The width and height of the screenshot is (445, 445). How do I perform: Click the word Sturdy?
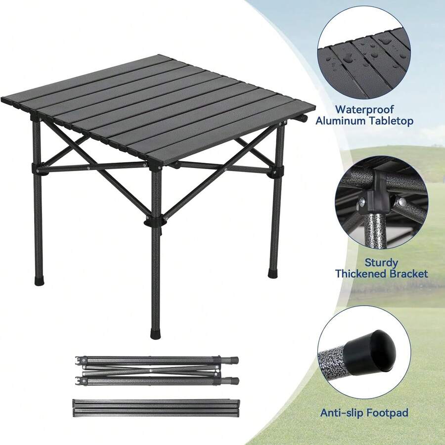(x=381, y=262)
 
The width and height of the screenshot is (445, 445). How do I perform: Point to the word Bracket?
(x=405, y=274)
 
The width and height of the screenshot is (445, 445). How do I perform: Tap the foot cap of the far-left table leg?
(x=39, y=280)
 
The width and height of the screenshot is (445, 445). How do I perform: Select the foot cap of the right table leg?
(x=272, y=272)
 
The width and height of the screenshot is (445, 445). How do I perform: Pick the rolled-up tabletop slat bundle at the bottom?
(x=156, y=407)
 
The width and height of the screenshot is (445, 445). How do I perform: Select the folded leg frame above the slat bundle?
(x=156, y=370)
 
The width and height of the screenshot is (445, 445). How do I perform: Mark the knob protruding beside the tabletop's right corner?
(x=302, y=119)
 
